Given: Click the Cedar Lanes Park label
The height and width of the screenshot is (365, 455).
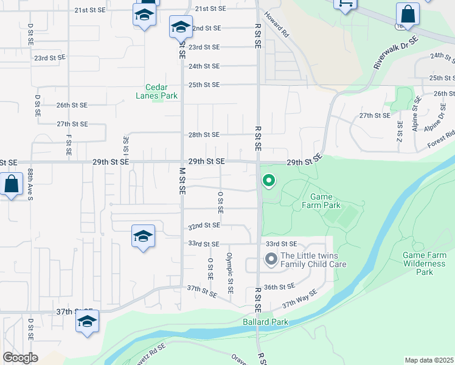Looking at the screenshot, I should coord(161,91).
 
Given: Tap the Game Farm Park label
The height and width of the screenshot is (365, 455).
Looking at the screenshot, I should coord(321,201).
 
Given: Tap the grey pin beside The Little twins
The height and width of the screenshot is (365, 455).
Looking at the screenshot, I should coord(271,259).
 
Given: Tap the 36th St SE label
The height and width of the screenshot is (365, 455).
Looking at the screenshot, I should coord(280,286).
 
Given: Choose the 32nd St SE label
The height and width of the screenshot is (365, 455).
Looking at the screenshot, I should coord(204,225).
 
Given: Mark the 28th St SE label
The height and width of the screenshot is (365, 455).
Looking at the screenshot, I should coord(204,134).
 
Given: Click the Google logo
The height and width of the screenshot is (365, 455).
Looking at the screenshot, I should coord(21,358).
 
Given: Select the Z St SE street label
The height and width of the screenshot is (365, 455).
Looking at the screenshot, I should coord(400,132).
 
